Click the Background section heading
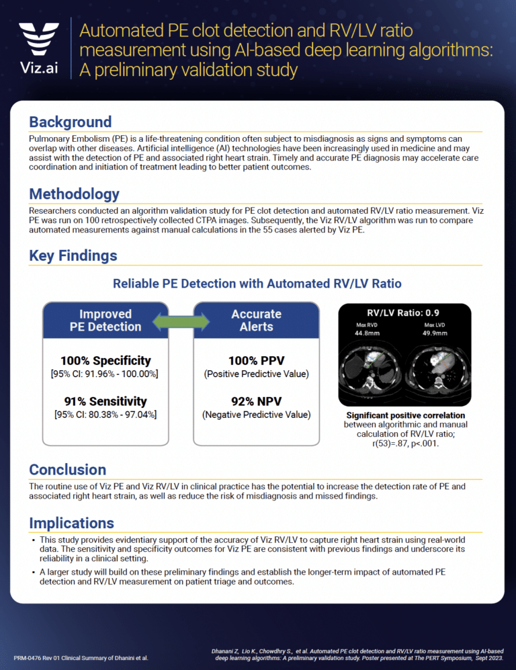[x=70, y=122]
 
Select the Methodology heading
[x=74, y=194]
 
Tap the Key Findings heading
[x=73, y=255]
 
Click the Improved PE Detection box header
[x=105, y=321]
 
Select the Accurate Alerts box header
[x=256, y=321]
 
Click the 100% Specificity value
[x=105, y=361]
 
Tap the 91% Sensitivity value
[x=105, y=402]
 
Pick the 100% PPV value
[x=256, y=361]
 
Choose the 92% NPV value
[x=256, y=402]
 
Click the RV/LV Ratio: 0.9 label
[x=403, y=313]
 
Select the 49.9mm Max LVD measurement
[x=435, y=333]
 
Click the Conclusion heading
[x=67, y=469]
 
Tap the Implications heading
[x=71, y=523]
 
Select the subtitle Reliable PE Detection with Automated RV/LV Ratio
[x=257, y=284]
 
